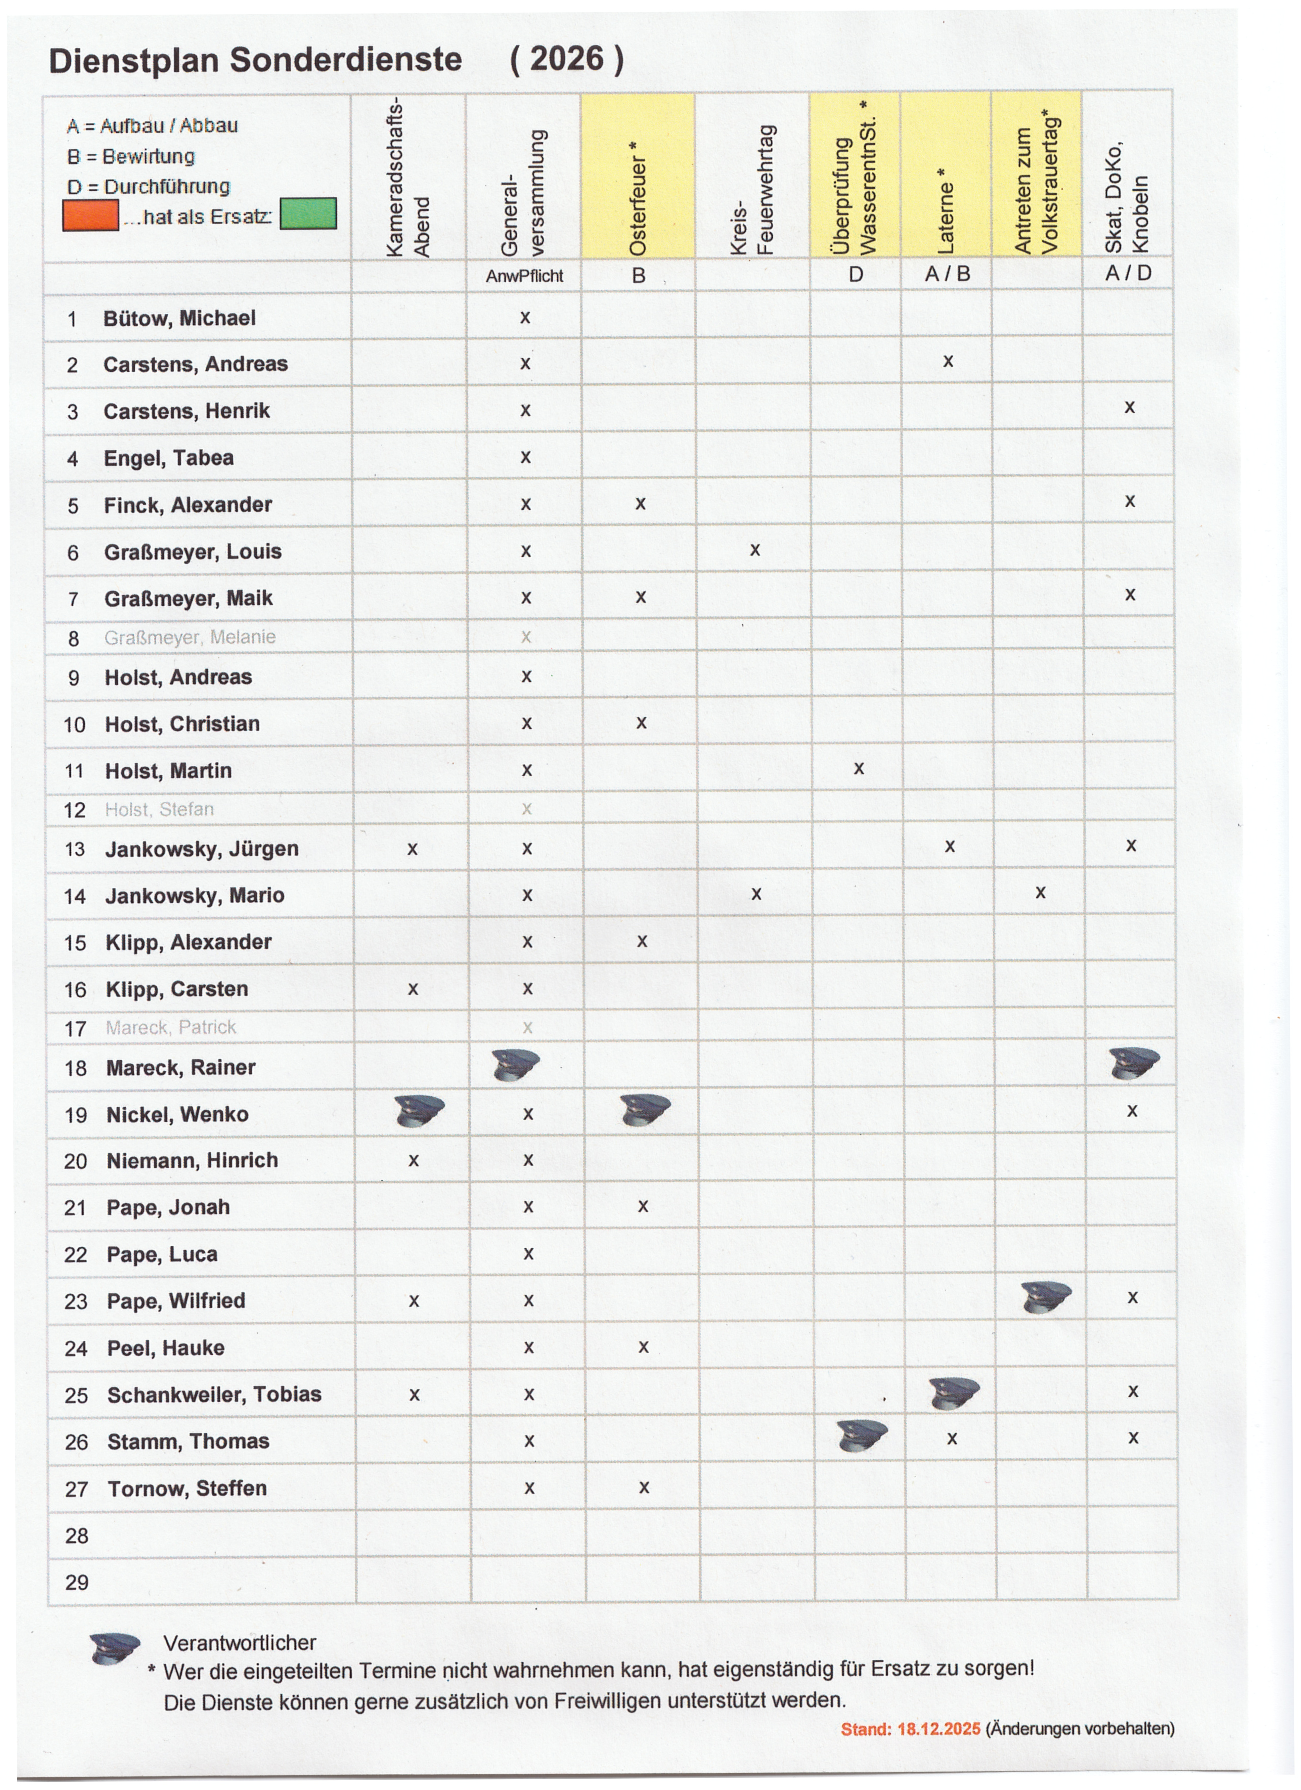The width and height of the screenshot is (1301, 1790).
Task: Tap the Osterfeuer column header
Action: [x=638, y=197]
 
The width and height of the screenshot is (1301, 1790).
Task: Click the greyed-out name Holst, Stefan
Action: [x=159, y=809]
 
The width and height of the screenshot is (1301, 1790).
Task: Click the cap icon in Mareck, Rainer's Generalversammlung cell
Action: [x=515, y=1065]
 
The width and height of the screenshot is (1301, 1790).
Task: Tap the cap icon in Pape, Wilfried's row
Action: [x=1045, y=1297]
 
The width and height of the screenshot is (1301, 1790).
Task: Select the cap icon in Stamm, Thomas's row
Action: [x=861, y=1436]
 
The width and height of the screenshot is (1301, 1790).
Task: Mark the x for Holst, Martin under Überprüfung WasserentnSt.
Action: [x=858, y=768]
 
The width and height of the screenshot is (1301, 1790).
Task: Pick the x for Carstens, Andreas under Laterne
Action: [x=948, y=361]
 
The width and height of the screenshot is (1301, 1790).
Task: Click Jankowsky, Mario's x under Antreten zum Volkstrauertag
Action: [x=1041, y=893]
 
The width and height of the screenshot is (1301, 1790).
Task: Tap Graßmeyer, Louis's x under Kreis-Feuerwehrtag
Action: [x=755, y=550]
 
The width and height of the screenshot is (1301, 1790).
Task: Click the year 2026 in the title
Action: [x=567, y=59]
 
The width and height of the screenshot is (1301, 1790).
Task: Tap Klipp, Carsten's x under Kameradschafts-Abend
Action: [x=413, y=989]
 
